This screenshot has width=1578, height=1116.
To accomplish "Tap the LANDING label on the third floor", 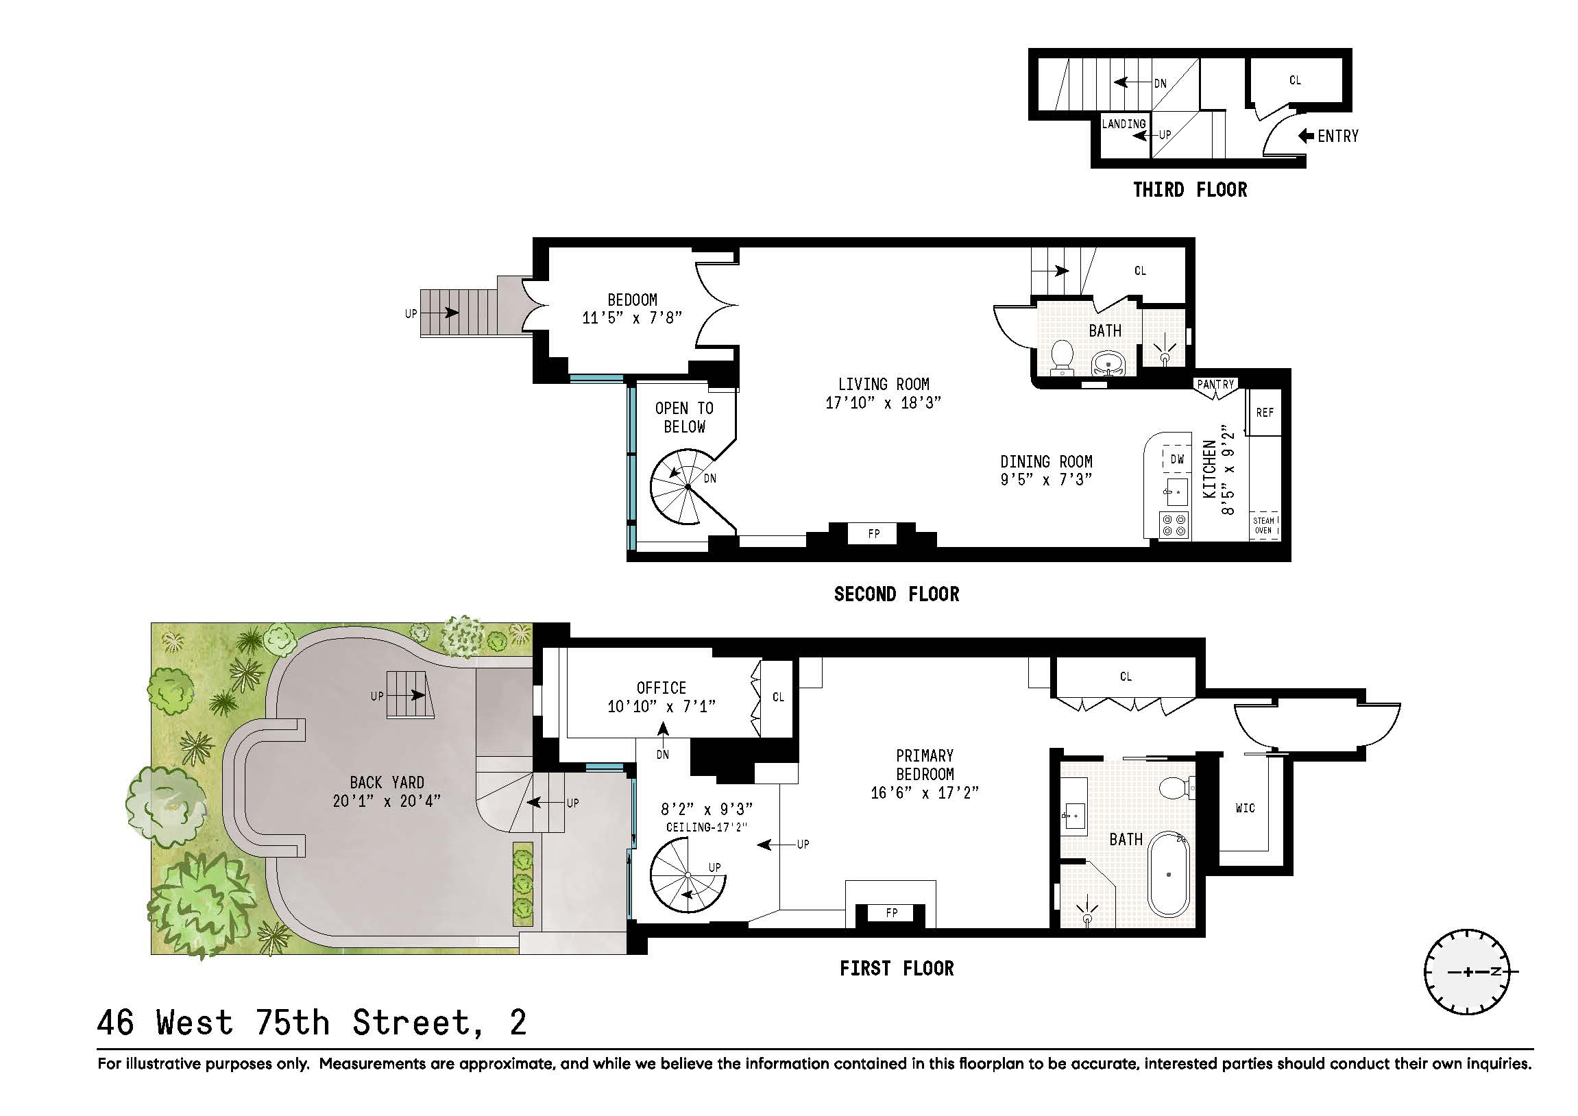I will [1124, 123].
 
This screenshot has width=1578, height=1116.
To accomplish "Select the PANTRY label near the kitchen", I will [1215, 384].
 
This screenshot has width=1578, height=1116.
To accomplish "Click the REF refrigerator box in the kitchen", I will [1265, 412].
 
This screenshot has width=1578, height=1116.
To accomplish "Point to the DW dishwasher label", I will [1176, 459].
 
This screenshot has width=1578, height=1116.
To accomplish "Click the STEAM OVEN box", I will [1263, 525].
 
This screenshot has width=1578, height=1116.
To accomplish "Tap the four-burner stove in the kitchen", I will [1174, 525].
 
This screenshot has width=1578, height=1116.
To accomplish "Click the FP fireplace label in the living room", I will [873, 533].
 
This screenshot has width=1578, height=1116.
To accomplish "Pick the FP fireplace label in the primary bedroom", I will [891, 912].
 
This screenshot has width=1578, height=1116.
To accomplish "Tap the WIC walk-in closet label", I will [1245, 808].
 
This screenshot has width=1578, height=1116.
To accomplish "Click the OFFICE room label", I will [661, 688].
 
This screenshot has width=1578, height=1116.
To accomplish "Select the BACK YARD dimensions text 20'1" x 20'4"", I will [386, 801].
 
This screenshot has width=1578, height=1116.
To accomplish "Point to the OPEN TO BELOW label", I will [684, 417].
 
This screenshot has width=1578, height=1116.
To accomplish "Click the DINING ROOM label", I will [1046, 461].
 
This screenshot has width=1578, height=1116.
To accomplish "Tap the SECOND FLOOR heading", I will [896, 594].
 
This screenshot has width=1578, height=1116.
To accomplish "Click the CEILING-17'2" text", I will [706, 827].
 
